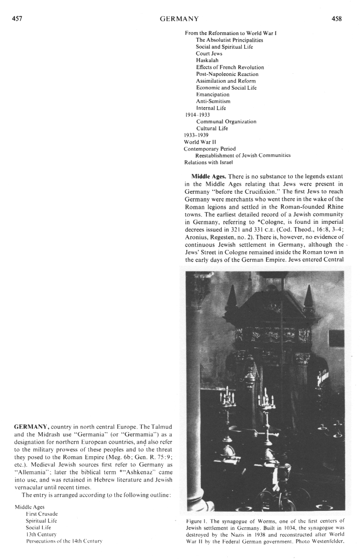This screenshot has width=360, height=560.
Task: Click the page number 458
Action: click(x=337, y=19)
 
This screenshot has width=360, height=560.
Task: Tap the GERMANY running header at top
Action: click(x=179, y=19)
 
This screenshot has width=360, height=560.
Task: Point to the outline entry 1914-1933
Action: click(x=194, y=115)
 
